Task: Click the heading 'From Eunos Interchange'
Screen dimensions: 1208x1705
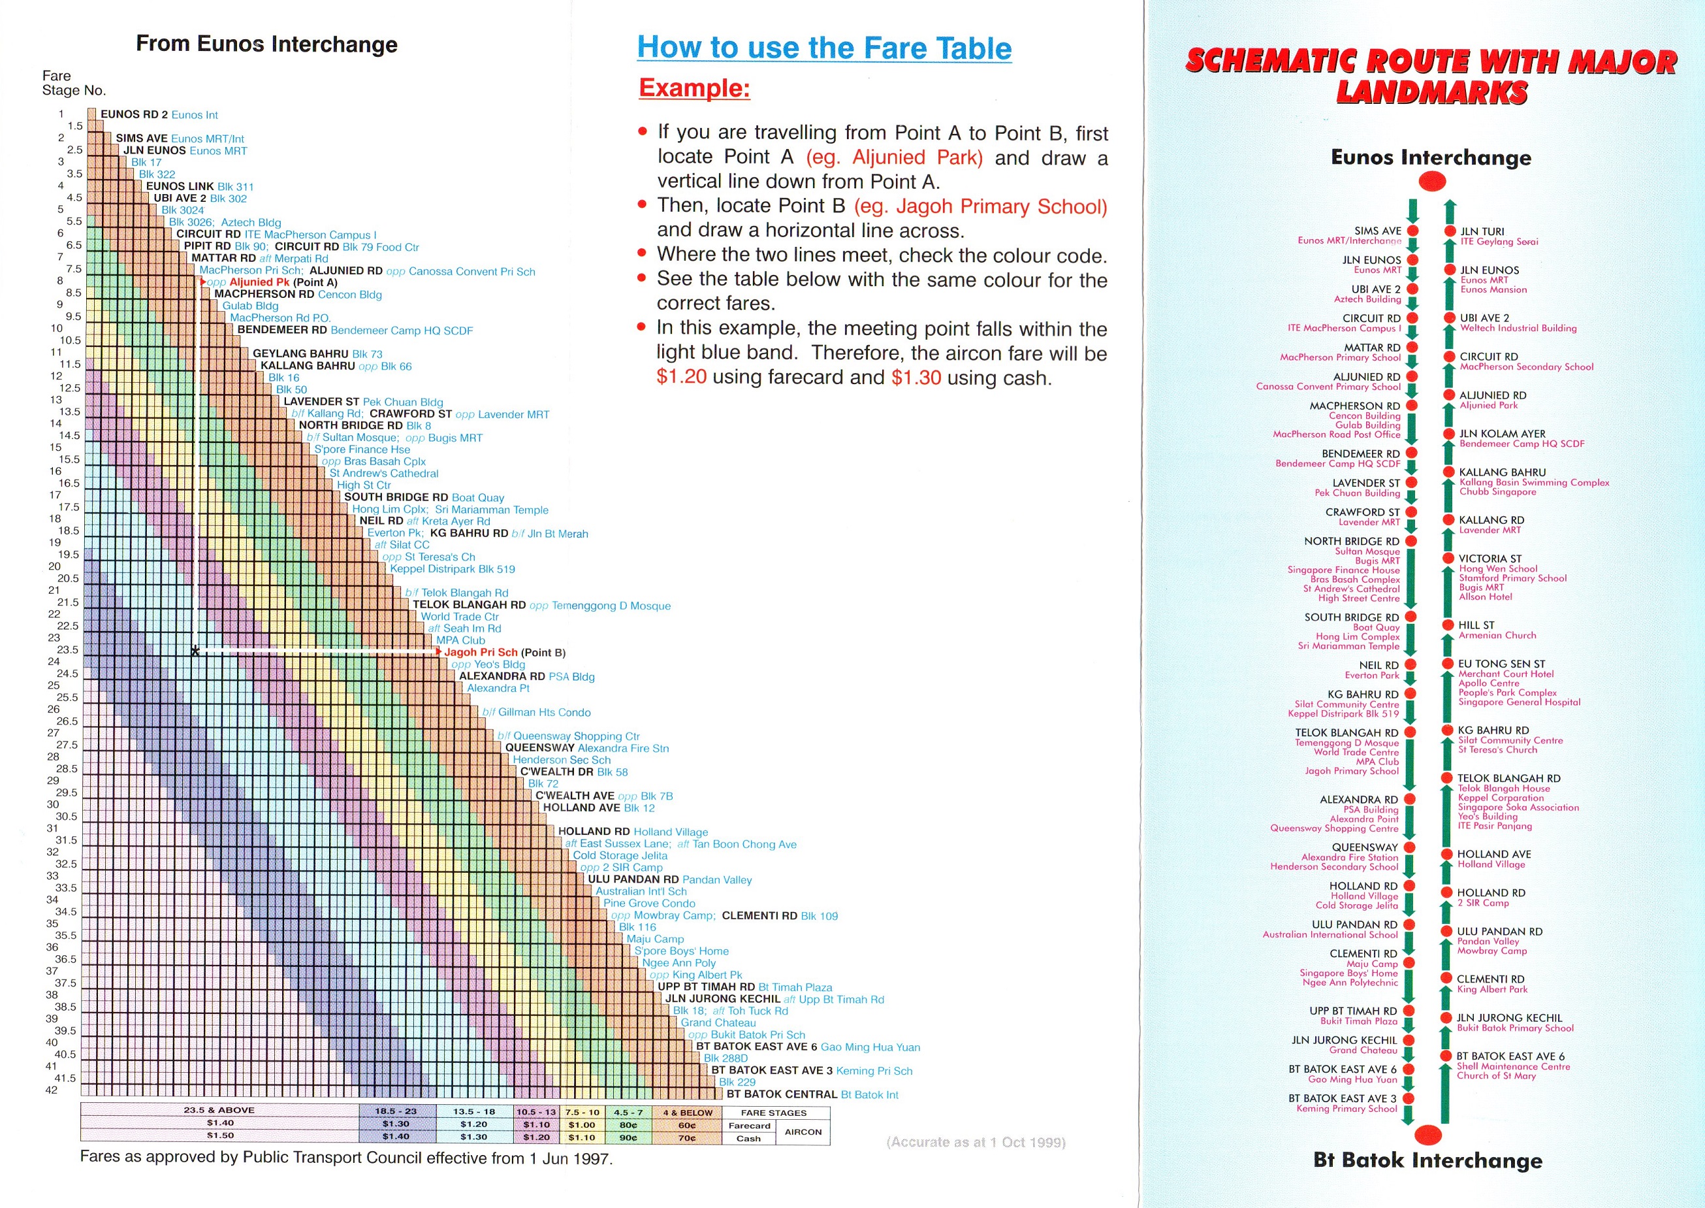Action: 266,44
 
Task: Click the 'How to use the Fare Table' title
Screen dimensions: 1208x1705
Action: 824,48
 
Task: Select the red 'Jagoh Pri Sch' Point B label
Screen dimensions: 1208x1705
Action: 481,653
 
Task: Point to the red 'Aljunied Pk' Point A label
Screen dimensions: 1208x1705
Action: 259,282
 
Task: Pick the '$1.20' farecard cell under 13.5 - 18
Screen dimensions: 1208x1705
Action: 473,1124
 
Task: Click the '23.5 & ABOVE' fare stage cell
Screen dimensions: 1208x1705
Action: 219,1111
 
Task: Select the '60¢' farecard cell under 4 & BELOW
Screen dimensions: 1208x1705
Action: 686,1126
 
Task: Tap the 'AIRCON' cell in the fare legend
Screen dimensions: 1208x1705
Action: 803,1132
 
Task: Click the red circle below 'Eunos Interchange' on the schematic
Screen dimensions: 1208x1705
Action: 1432,182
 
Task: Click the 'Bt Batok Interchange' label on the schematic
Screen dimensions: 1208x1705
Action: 1427,1160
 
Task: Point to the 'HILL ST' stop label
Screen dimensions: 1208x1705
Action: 1476,626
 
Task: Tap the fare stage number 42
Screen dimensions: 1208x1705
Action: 52,1090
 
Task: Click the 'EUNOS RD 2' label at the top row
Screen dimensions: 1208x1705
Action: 134,114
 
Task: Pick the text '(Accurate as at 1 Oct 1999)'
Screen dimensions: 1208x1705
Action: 976,1142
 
